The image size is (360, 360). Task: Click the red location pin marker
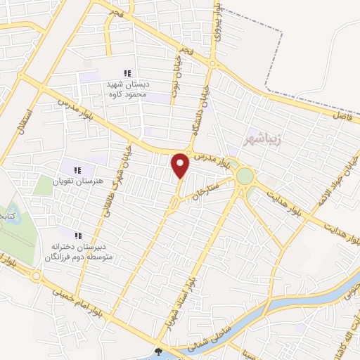click(181, 165)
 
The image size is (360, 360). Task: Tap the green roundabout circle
click(245, 176)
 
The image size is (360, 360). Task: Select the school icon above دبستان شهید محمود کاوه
click(127, 73)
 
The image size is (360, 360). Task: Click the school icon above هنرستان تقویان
click(77, 169)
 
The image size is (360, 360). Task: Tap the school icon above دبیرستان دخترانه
click(78, 236)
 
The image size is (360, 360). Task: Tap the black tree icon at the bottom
click(158, 352)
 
